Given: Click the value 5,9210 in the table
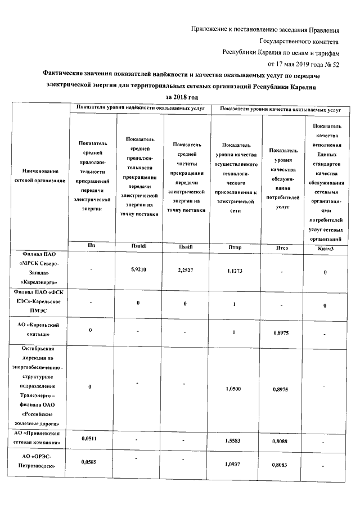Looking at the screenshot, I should (x=138, y=270).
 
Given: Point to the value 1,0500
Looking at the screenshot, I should (x=232, y=389).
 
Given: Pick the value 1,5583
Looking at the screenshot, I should (x=232, y=442).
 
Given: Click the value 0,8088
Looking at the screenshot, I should (x=279, y=442).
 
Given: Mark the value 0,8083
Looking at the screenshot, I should (x=279, y=466).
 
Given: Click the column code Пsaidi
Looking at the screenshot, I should (x=138, y=246).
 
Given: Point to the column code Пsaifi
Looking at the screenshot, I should (x=186, y=246).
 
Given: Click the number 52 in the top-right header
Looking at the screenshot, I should (x=336, y=65).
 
